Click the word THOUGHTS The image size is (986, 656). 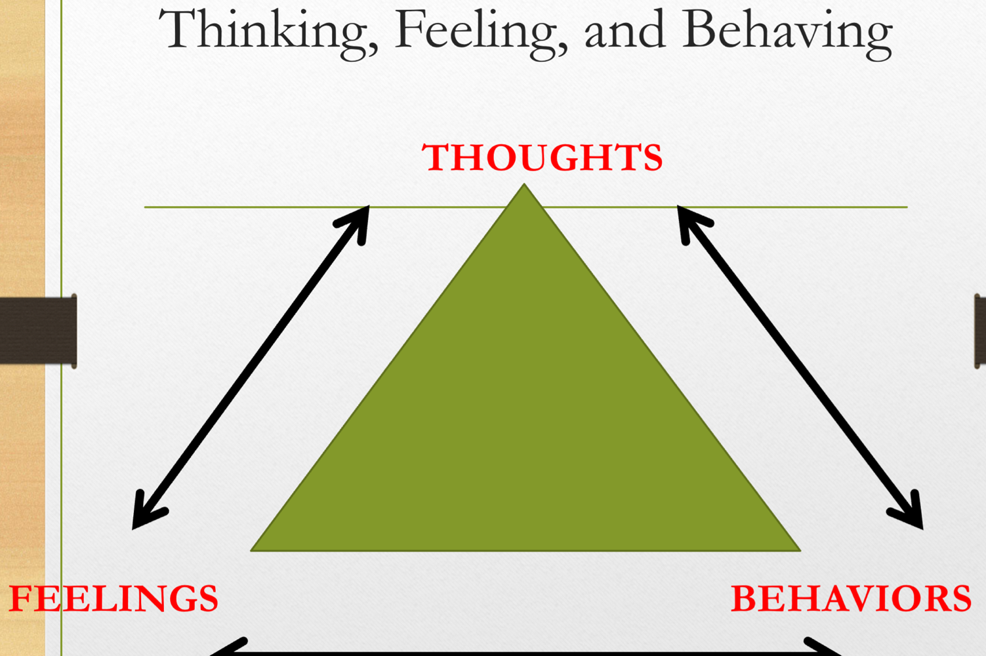[542, 157]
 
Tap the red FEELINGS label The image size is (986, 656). [113, 598]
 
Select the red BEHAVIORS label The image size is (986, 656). [851, 598]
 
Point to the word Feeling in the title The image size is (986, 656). [480, 31]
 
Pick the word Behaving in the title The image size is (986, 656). [787, 31]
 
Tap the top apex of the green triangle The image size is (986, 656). [524, 186]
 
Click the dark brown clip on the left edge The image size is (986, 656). [38, 330]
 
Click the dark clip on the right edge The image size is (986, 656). [980, 330]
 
